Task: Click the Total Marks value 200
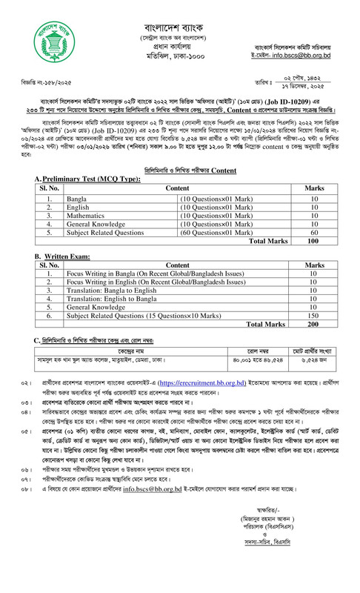coord(314,325)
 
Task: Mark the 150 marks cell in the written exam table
coord(314,315)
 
